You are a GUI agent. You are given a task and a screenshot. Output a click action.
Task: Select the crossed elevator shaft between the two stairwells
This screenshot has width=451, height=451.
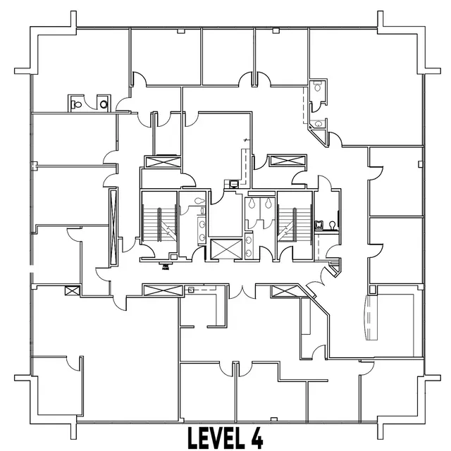pyautogui.click(x=224, y=249)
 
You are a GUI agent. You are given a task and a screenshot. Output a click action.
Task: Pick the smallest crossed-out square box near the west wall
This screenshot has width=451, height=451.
pyautogui.click(x=70, y=290)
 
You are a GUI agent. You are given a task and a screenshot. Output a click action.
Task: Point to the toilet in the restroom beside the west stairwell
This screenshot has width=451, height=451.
pyautogui.click(x=201, y=200)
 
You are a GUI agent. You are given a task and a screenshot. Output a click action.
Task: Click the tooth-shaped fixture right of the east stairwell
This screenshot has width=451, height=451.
pyautogui.click(x=318, y=225)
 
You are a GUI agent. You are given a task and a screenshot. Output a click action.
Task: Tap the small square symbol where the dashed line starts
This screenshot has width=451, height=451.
pyautogui.click(x=190, y=289)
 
